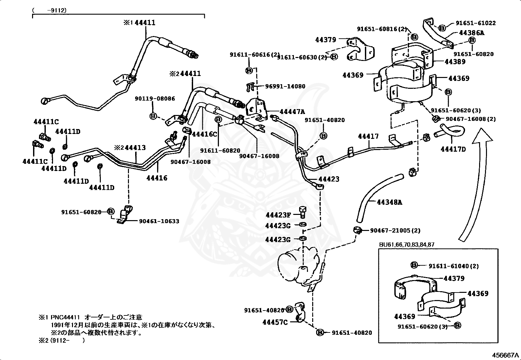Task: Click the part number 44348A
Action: (389, 202)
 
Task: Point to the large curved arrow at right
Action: (475, 183)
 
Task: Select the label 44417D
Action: (453, 149)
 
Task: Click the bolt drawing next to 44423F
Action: (302, 212)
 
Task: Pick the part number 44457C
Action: (275, 322)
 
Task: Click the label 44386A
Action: (472, 33)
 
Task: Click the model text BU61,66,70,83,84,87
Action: (407, 245)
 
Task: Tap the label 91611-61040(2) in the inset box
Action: (454, 266)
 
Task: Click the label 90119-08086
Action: (155, 98)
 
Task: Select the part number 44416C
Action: (205, 134)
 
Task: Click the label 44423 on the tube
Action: (329, 179)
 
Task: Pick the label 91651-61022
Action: (476, 23)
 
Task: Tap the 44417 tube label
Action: (368, 136)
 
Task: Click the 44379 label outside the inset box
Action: (326, 40)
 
